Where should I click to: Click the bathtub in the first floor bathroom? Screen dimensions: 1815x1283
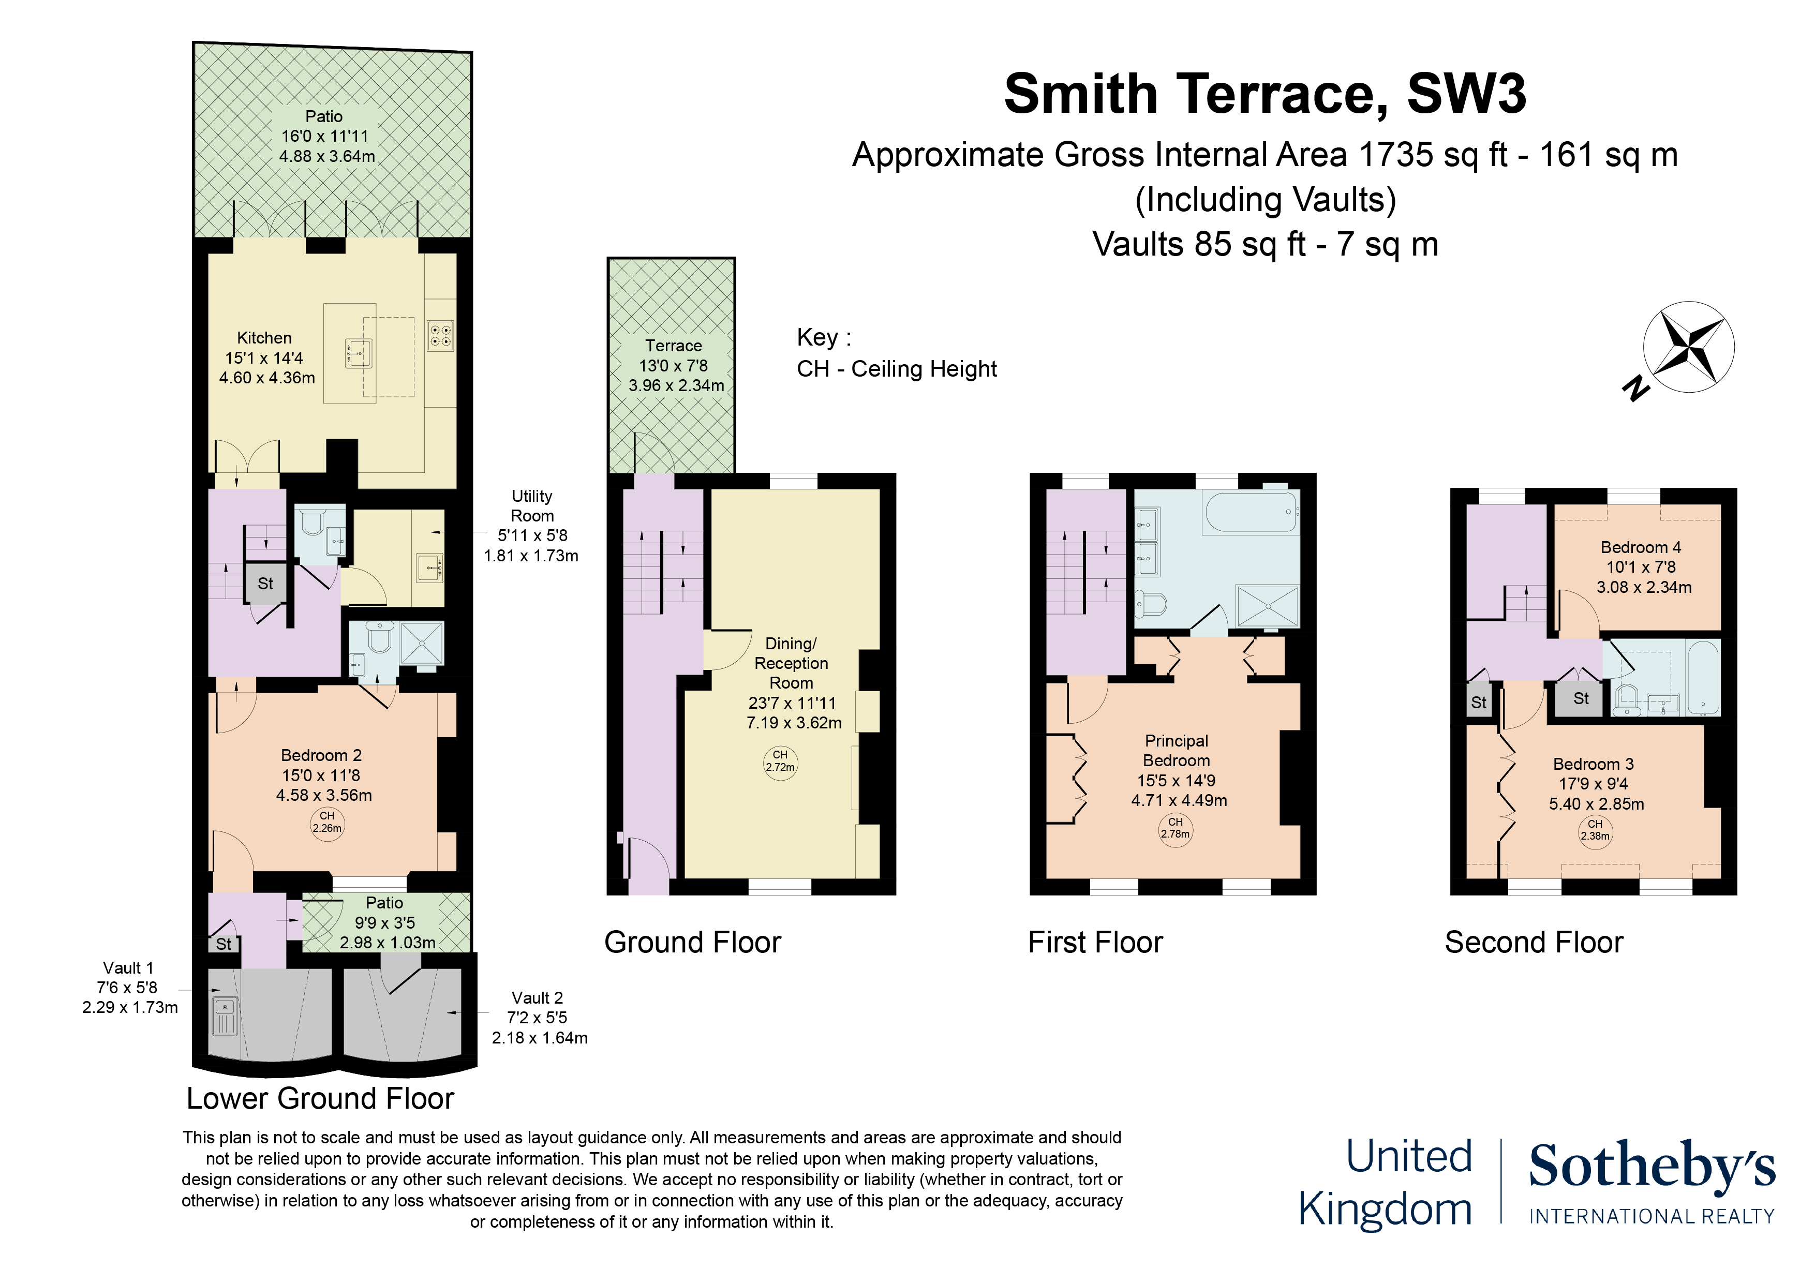point(1251,512)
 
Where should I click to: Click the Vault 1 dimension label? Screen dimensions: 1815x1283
point(129,988)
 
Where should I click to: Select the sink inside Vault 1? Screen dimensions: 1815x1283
point(225,1016)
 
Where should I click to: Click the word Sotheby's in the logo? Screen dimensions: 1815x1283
point(1652,1167)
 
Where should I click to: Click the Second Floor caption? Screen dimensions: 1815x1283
point(1534,942)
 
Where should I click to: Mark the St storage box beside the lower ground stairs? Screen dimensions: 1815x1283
point(265,584)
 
